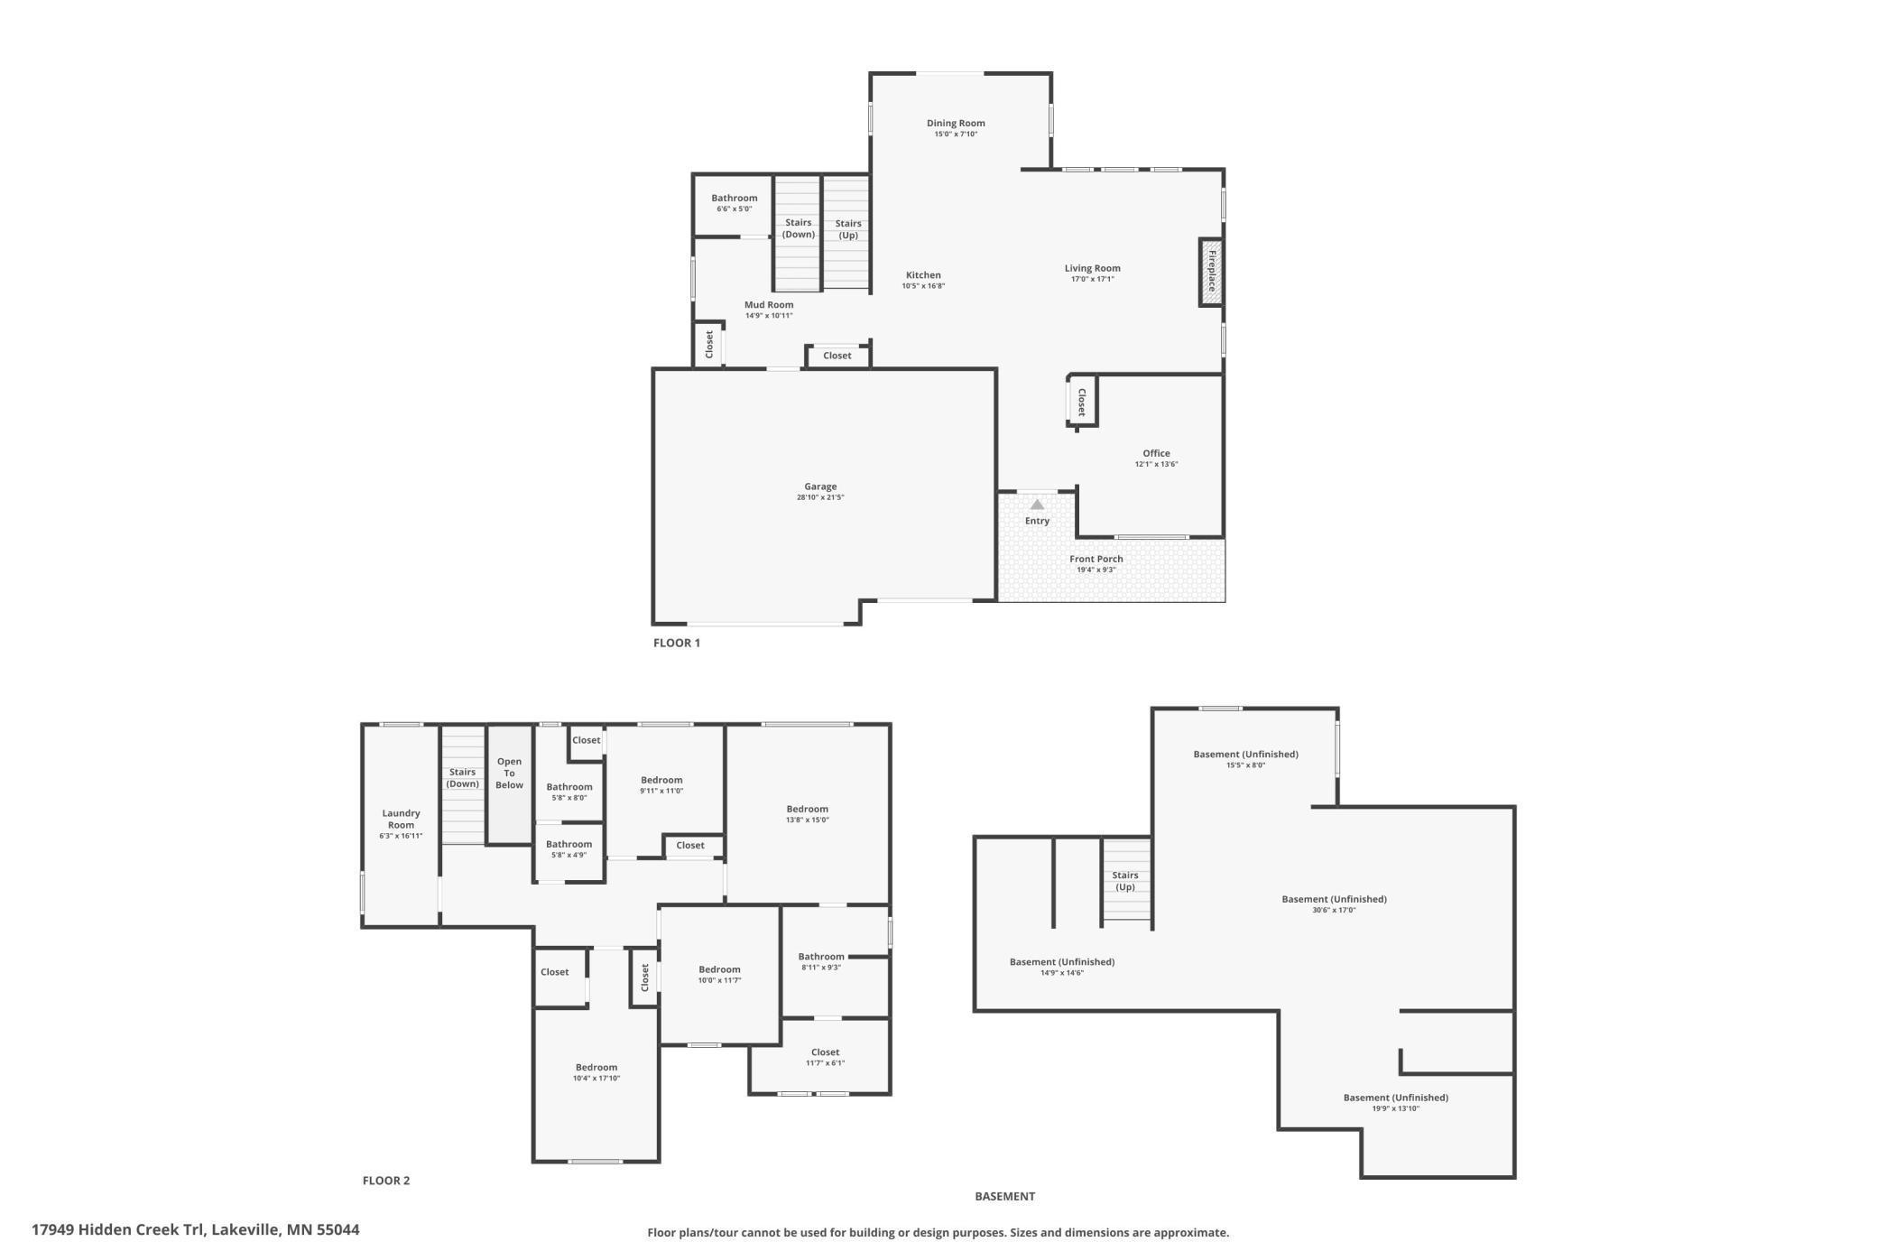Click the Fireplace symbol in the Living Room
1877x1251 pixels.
coord(1211,271)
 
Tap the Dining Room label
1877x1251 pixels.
coord(956,124)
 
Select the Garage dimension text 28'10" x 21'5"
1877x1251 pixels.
coord(820,497)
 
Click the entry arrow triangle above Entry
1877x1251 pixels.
coord(1037,505)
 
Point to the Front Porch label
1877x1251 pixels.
coord(1096,559)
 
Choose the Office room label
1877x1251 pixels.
coord(1156,453)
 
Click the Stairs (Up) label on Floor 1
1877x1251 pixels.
coord(848,229)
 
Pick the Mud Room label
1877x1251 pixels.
coord(769,305)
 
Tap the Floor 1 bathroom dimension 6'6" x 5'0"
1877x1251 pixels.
coord(734,209)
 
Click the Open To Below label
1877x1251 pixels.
coord(509,774)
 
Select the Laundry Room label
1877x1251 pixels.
coord(401,819)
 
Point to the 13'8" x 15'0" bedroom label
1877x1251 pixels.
coord(807,810)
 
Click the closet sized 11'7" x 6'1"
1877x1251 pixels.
coord(825,1052)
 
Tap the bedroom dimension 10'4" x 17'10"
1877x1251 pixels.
coord(596,1079)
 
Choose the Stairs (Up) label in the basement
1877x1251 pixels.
coord(1125,881)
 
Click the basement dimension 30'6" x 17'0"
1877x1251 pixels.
coord(1334,910)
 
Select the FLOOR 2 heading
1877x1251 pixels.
coord(386,1181)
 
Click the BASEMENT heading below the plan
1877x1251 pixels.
coord(1004,1197)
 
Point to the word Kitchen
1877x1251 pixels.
coord(923,275)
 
